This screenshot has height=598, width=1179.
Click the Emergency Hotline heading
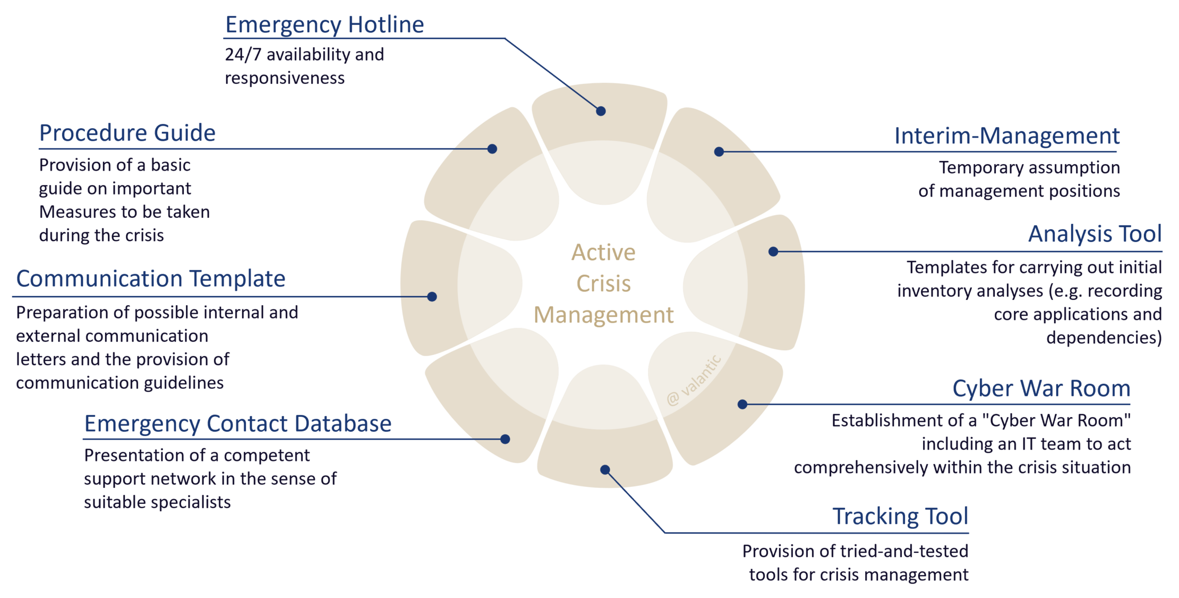click(324, 25)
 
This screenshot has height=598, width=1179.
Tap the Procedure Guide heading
click(127, 133)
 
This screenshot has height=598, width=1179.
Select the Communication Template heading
click(151, 279)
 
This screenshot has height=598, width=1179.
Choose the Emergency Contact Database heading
click(237, 424)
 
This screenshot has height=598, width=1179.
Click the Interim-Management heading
click(1006, 136)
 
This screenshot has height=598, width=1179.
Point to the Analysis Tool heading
click(1095, 234)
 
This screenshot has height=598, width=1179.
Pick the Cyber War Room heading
click(1041, 389)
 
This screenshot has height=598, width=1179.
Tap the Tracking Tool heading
click(900, 517)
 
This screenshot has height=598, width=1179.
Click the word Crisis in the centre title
click(604, 284)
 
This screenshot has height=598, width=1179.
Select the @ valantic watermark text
click(694, 381)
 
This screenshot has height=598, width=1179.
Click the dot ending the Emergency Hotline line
click(601, 111)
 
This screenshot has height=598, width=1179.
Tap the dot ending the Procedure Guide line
click(492, 149)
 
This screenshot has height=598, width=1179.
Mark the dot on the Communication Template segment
click(432, 297)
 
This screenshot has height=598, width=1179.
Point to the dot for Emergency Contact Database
click(505, 439)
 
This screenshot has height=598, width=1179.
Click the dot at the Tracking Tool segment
click(605, 470)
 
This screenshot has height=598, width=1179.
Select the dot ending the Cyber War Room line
click(742, 405)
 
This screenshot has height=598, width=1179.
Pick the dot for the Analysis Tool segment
click(773, 251)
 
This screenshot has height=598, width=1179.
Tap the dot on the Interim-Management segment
click(719, 151)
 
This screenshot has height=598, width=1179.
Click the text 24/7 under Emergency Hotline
click(243, 55)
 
